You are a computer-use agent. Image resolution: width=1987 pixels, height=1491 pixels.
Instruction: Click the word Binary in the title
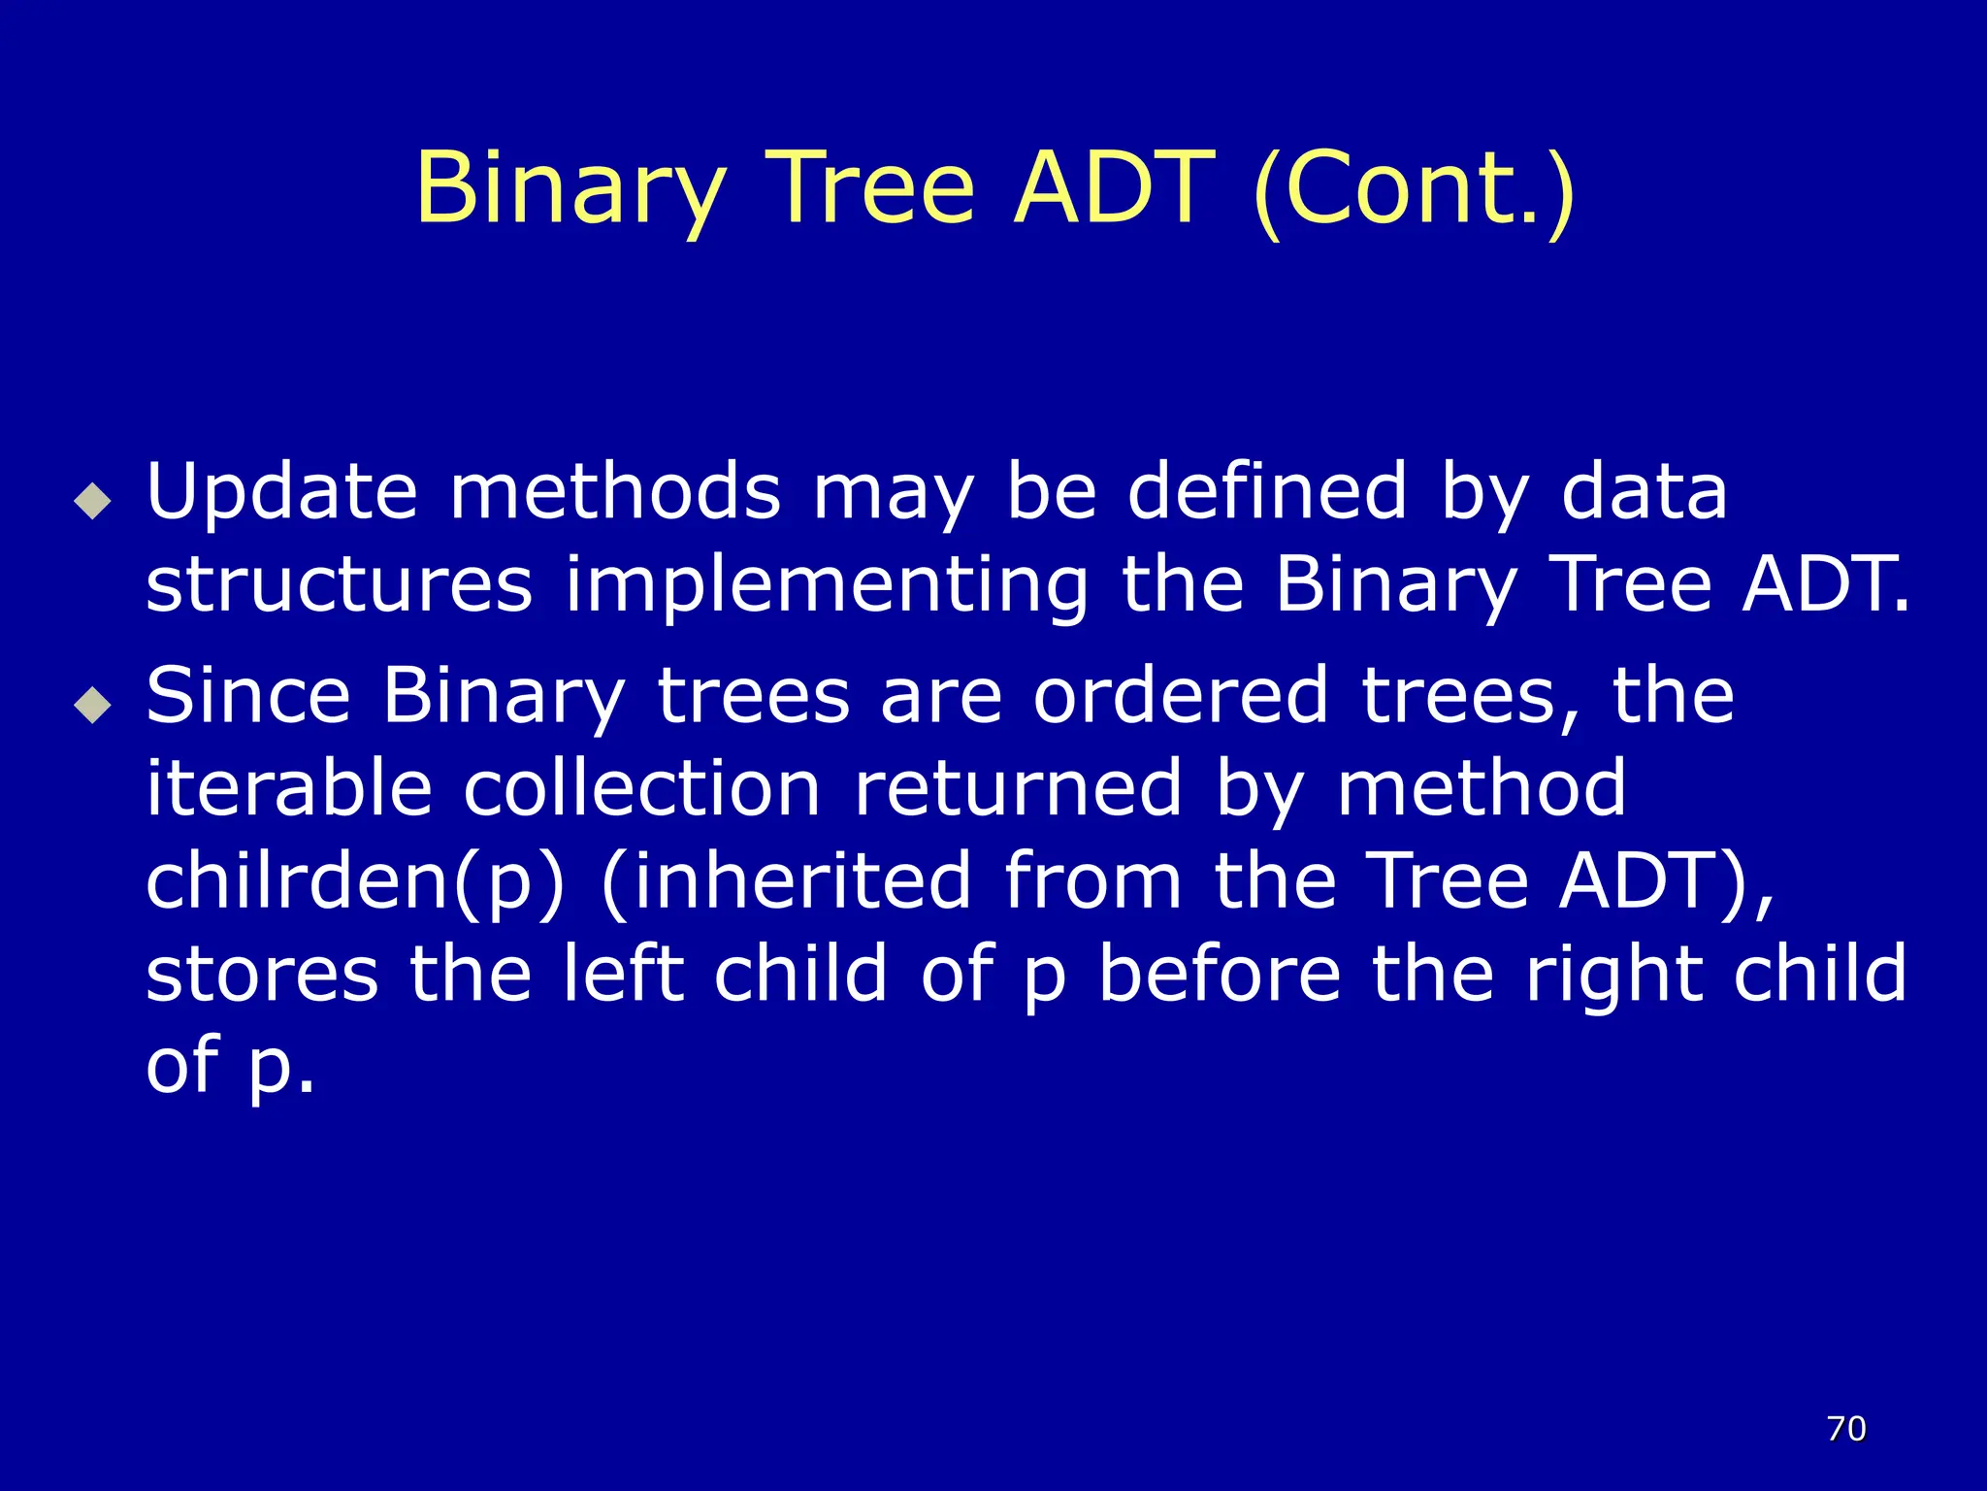point(570,188)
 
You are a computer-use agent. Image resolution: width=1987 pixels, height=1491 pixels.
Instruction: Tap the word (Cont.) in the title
point(1414,188)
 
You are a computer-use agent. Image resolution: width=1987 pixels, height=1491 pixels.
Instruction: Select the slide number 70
point(1846,1429)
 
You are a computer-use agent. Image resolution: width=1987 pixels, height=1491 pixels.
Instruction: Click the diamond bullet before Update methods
point(93,501)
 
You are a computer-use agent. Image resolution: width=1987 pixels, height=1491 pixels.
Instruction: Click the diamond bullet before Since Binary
point(93,705)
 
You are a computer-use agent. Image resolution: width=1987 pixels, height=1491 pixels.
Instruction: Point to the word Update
point(281,493)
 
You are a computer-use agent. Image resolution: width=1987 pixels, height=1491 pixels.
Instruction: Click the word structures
point(339,585)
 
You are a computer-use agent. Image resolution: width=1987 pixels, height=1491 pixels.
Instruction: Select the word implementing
point(827,585)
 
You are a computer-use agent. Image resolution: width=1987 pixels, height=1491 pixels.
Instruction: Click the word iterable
point(288,788)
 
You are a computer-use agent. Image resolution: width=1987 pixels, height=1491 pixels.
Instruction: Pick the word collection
point(641,788)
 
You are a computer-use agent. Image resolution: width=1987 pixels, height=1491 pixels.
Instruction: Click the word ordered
point(1180,696)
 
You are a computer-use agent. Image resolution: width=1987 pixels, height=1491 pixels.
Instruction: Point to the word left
point(624,974)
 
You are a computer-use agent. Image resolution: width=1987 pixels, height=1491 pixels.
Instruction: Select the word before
point(1219,974)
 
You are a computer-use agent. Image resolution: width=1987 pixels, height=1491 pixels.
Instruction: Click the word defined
point(1266,493)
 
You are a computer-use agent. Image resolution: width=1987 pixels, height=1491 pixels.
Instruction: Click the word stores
point(262,974)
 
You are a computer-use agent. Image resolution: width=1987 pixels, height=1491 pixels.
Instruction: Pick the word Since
point(248,696)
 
